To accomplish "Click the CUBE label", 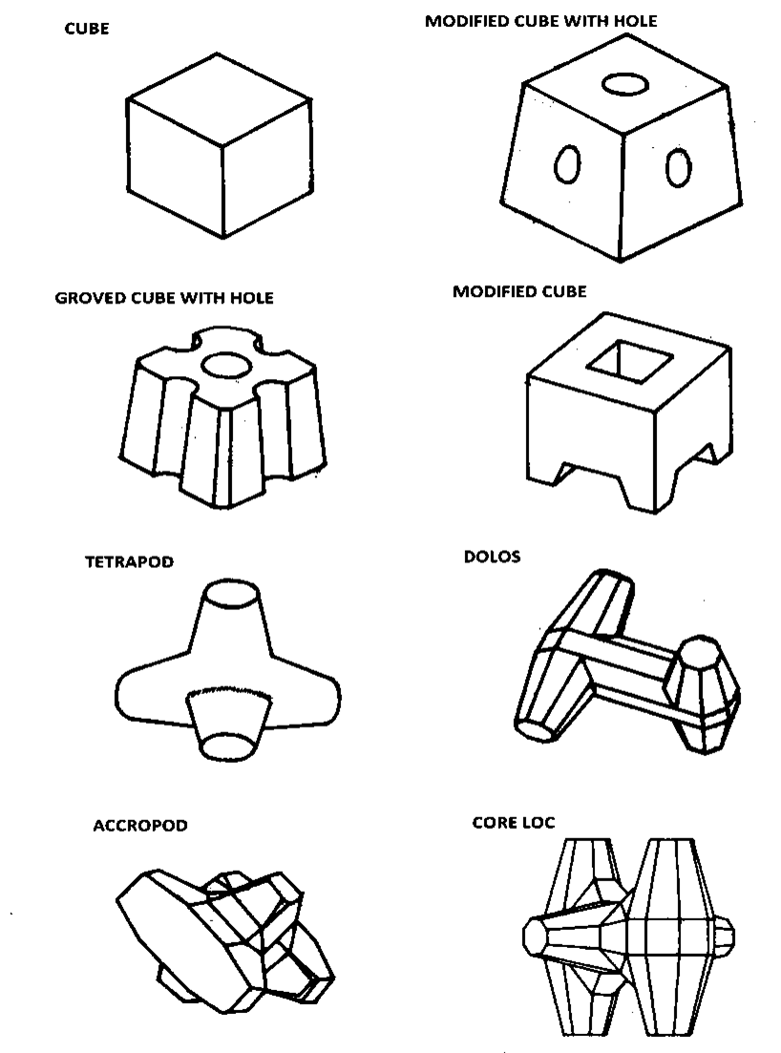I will (86, 29).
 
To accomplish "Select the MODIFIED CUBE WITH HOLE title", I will (540, 20).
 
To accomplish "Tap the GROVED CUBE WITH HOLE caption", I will (164, 298).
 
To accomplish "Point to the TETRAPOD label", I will (129, 562).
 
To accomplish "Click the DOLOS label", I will (492, 557).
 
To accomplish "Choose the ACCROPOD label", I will (139, 826).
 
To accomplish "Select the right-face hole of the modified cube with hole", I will (677, 168).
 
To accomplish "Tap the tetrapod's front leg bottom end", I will (230, 747).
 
